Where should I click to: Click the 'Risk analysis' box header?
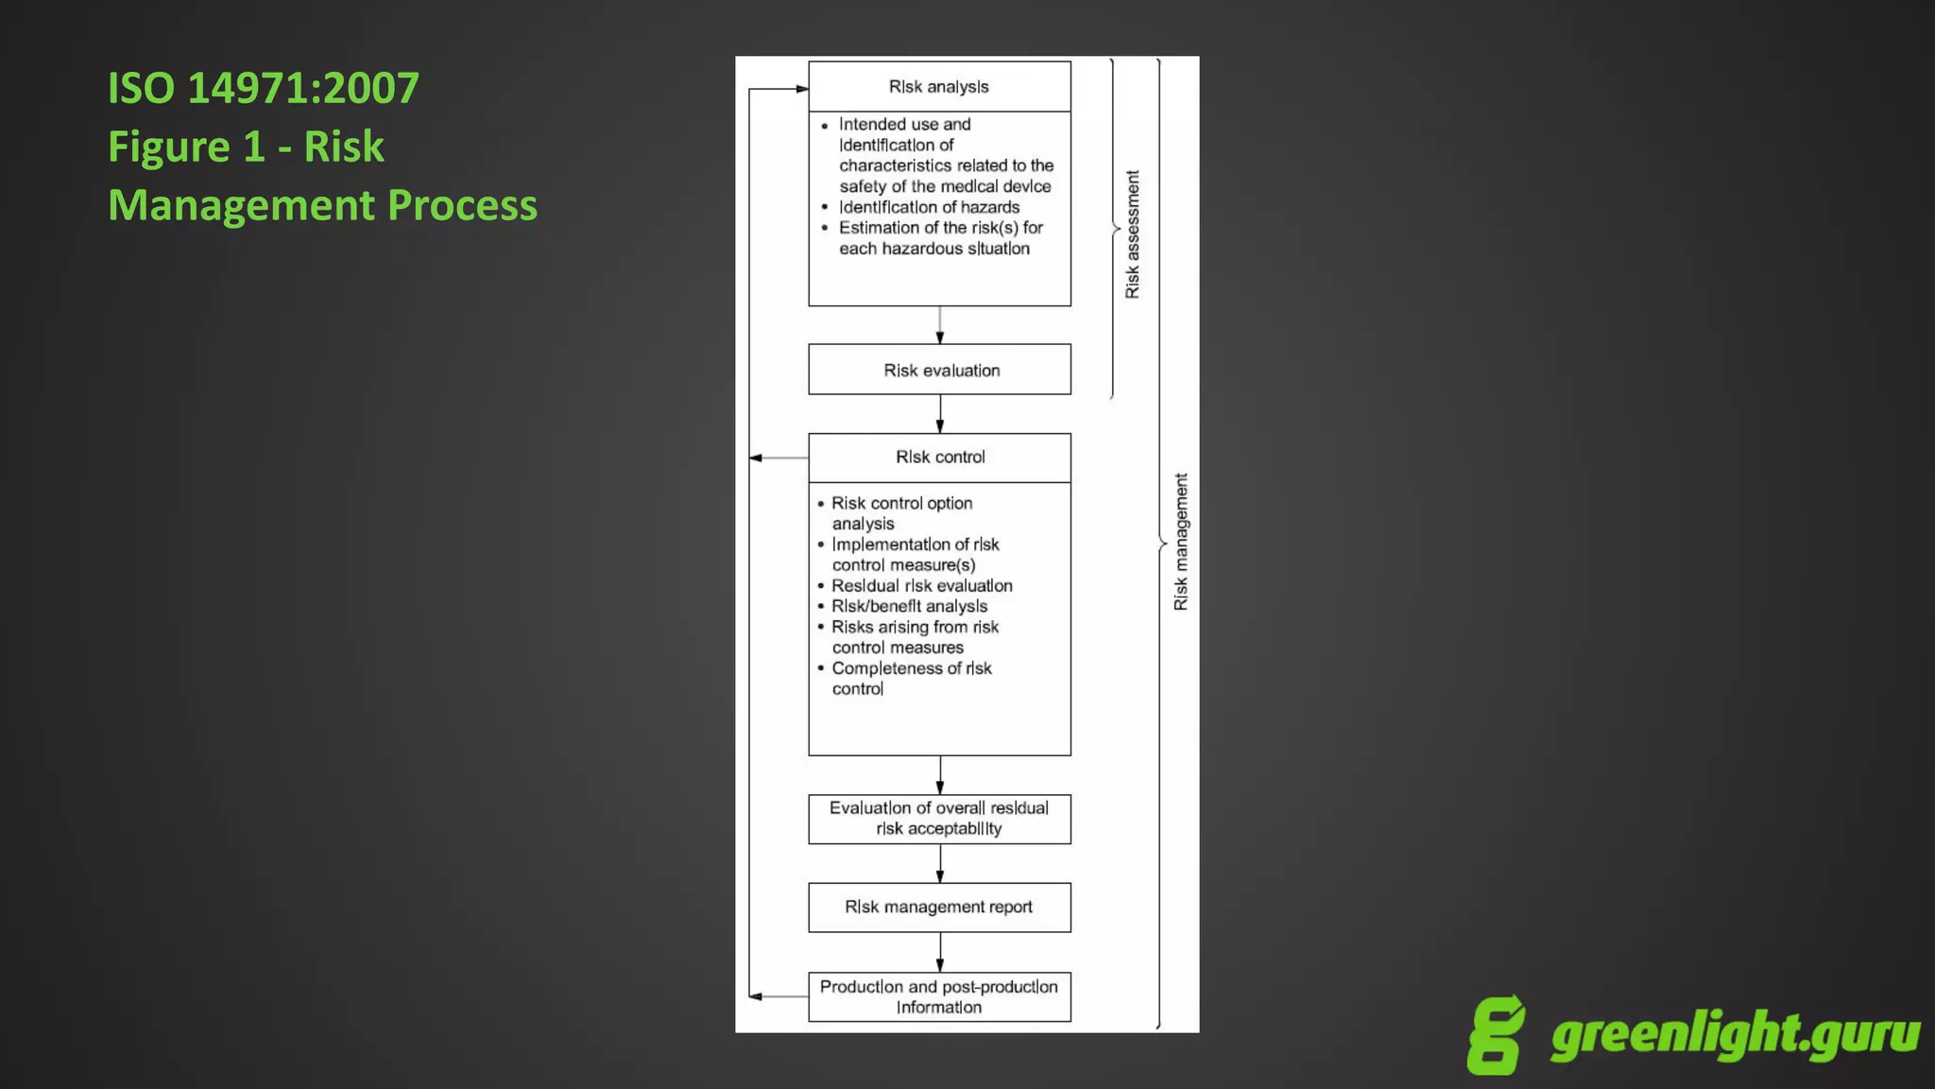click(x=939, y=87)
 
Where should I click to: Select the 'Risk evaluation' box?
click(x=939, y=370)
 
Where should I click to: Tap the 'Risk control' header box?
click(x=939, y=458)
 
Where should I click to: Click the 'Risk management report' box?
click(x=939, y=907)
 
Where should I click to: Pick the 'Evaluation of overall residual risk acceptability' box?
click(x=939, y=819)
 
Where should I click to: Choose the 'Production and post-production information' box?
click(x=939, y=996)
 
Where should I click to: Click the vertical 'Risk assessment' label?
click(x=1132, y=234)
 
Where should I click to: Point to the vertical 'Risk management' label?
click(x=1181, y=542)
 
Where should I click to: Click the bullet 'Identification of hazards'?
click(x=929, y=207)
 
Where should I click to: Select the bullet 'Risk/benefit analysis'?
click(x=909, y=606)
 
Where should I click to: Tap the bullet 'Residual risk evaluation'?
click(x=921, y=586)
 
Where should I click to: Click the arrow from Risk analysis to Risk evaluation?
click(x=939, y=325)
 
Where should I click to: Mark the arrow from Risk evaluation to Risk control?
click(x=939, y=414)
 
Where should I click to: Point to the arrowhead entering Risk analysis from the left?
click(x=801, y=89)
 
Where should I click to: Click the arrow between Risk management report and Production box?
click(x=939, y=952)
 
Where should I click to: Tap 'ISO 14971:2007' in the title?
click(x=264, y=88)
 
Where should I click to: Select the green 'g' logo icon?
click(x=1496, y=1035)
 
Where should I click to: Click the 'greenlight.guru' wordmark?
click(x=1735, y=1034)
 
